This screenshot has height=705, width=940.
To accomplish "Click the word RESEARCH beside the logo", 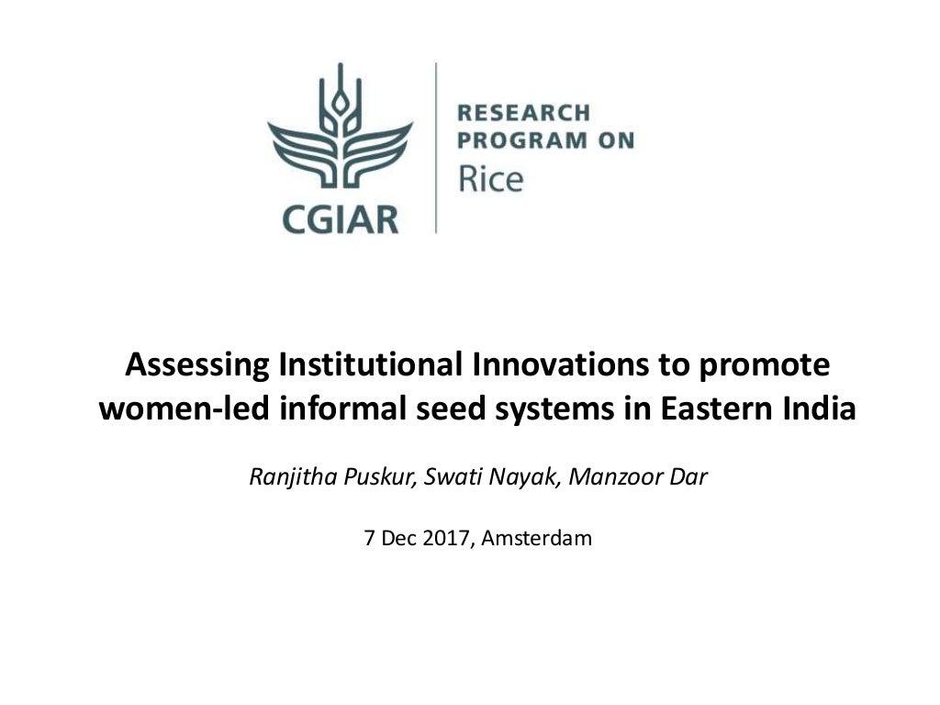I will pos(523,113).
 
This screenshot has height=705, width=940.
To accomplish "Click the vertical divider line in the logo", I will pos(436,147).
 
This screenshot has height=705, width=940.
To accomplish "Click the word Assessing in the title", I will pos(197,365).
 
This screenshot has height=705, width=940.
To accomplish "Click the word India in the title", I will pos(822,408).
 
